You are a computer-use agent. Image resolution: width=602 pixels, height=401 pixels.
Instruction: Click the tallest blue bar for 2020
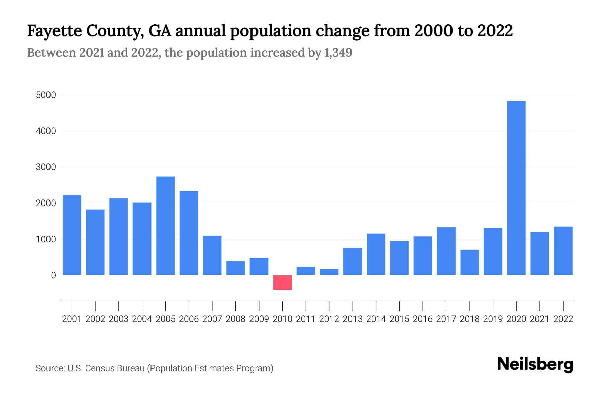pos(516,188)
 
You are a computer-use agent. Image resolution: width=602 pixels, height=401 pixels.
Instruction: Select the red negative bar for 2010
pos(282,283)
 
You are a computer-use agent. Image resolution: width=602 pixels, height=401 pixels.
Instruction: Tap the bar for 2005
pos(165,226)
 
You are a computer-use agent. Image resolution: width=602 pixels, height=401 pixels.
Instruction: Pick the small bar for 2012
pos(329,272)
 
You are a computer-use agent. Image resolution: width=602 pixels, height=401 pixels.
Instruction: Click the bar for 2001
pos(72,235)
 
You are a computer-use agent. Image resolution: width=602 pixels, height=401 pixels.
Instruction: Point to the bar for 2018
pos(469,262)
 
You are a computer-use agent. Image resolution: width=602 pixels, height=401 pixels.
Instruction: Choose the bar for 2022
pos(563,251)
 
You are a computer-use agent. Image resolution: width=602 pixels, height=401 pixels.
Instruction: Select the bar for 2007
pos(212,255)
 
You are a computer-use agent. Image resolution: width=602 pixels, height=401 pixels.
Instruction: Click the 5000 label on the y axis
pos(46,95)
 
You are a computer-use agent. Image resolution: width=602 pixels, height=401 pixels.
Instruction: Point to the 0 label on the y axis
pos(53,275)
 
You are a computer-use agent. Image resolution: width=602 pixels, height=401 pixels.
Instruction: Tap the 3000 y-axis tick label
pos(46,167)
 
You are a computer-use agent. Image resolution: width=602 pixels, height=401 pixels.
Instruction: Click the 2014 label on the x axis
pos(376,319)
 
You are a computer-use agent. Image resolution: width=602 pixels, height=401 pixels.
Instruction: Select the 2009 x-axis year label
pos(259,319)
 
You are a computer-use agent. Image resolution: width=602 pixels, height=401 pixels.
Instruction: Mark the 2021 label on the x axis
pos(539,319)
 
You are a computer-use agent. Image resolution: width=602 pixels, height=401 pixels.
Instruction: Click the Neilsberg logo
pos(535,365)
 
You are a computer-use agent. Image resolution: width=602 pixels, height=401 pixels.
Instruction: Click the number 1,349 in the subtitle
pos(338,53)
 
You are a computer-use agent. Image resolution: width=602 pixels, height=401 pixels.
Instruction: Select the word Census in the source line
pos(98,368)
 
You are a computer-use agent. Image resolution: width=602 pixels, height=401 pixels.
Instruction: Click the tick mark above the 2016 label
pos(423,306)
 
